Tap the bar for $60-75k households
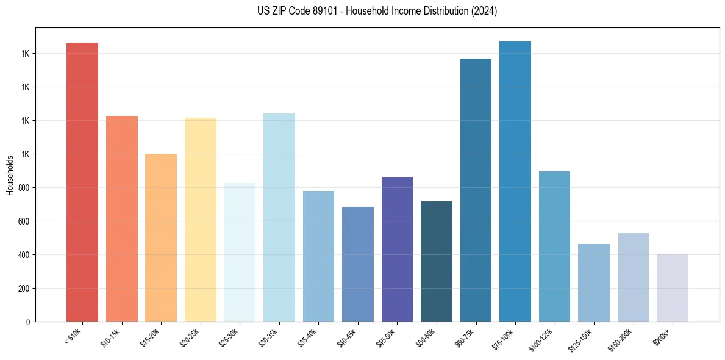476,190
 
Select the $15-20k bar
161,237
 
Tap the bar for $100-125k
554,247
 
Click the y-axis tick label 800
24,188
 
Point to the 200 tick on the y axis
24,289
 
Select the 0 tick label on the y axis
27,322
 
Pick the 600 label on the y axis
24,221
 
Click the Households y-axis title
10,175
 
